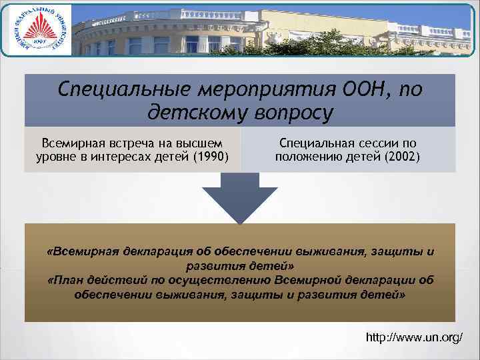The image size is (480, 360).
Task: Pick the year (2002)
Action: coord(403,157)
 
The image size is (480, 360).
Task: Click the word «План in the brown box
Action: coord(65,280)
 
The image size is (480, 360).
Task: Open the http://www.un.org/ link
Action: coord(414,338)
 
